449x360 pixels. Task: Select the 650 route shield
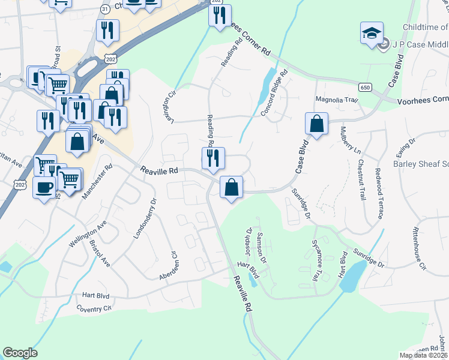pyautogui.click(x=364, y=87)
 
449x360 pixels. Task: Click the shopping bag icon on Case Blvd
pyautogui.click(x=316, y=124)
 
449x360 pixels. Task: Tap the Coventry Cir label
pyautogui.click(x=94, y=308)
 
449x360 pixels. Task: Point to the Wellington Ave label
pyautogui.click(x=87, y=234)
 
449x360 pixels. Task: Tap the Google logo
pyautogui.click(x=20, y=353)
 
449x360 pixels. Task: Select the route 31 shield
pyautogui.click(x=105, y=9)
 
